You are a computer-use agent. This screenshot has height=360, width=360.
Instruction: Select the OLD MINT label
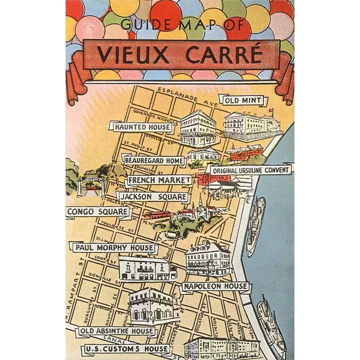point(243,100)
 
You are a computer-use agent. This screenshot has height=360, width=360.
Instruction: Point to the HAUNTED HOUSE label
point(142,127)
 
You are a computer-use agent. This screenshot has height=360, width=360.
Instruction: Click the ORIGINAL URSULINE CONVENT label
point(250,170)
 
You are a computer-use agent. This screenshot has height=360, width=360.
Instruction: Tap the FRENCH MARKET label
point(159,180)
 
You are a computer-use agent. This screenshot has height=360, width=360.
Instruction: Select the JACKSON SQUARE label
point(153,197)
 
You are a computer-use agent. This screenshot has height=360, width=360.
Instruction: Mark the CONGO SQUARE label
point(97,212)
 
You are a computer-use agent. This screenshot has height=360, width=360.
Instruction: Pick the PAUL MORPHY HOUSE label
point(114,247)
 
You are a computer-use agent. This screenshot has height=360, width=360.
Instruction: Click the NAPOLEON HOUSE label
point(215,286)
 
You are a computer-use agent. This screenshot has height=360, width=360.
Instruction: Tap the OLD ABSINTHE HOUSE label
point(116,331)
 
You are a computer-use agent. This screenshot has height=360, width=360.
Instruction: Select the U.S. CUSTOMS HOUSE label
point(127,348)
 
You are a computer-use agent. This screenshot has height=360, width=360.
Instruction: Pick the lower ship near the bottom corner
point(270,322)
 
